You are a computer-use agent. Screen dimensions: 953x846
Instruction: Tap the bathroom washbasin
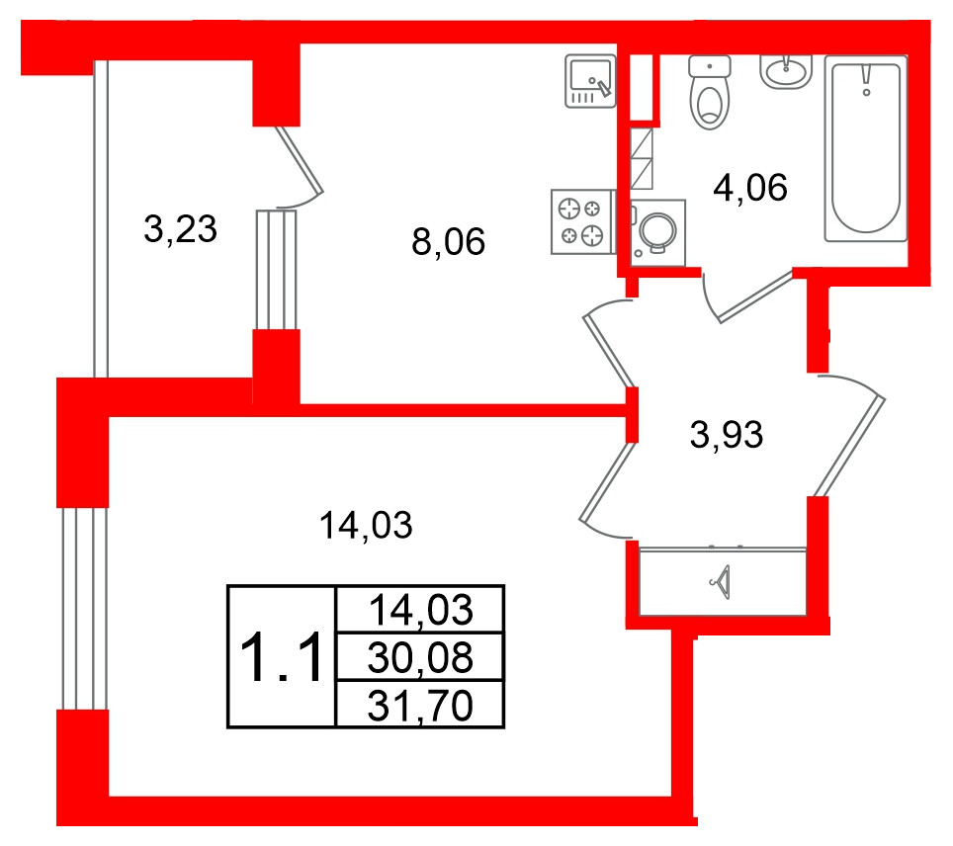786,72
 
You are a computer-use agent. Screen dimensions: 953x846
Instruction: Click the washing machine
658,233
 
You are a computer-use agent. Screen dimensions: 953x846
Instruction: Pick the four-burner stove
582,221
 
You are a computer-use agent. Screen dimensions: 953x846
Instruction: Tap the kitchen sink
590,81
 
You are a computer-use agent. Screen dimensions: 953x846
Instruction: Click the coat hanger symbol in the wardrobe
721,582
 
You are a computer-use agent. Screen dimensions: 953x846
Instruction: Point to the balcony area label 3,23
181,229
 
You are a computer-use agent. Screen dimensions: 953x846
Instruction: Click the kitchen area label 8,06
448,241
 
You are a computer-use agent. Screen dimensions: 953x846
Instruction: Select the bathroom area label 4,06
750,187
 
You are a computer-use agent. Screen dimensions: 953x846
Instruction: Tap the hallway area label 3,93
727,435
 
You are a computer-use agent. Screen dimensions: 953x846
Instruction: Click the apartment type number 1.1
281,657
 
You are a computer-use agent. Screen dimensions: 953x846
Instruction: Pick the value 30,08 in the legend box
420,657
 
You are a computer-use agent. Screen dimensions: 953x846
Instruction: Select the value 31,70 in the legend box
420,707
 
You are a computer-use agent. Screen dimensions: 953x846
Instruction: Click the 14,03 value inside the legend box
420,610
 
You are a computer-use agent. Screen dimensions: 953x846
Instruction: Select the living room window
84,609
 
